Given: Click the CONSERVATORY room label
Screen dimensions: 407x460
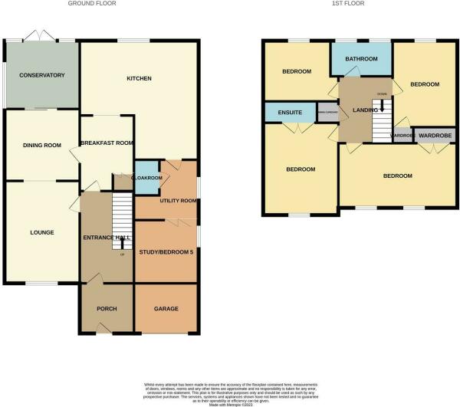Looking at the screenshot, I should tap(42, 75).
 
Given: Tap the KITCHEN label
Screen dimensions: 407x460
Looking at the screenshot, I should tap(139, 78).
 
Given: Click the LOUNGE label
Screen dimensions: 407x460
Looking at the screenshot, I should tap(41, 232).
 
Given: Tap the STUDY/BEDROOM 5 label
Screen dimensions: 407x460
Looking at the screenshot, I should tap(166, 252).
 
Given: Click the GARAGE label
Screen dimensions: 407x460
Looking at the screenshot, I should tap(166, 308).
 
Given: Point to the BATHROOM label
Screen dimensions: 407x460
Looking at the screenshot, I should tap(360, 59).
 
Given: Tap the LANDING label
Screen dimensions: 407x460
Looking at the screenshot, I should tap(365, 110).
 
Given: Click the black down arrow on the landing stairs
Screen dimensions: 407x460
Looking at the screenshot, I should tap(382, 106).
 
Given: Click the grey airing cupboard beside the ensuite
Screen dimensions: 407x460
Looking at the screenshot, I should tap(327, 113).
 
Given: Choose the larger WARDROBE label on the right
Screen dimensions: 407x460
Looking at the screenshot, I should tap(434, 135).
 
